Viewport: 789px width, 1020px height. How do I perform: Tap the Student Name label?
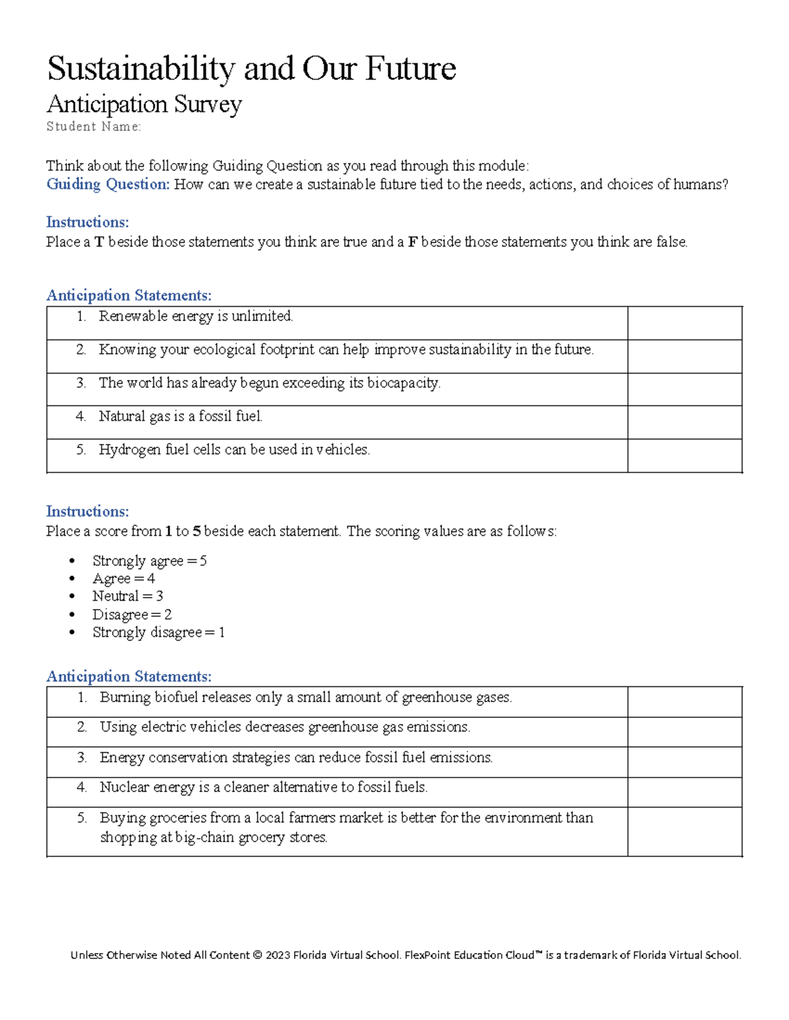click(93, 127)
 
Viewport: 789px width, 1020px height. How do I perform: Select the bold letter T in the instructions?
click(99, 242)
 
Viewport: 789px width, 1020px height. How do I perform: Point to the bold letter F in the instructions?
click(412, 242)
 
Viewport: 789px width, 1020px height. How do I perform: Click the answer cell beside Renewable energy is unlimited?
click(684, 323)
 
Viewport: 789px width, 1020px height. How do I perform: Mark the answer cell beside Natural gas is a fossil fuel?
click(684, 422)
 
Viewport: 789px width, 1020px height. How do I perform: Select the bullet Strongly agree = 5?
click(149, 561)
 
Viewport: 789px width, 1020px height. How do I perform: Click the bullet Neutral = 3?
click(128, 596)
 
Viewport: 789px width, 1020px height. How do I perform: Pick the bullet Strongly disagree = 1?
click(158, 632)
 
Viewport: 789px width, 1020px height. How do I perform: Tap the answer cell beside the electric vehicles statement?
click(684, 732)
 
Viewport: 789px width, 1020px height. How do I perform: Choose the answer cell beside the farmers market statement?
click(684, 832)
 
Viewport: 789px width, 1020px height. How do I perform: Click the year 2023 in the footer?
click(277, 956)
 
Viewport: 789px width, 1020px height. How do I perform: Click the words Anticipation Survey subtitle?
click(144, 104)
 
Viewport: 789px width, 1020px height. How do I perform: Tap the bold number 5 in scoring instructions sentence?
click(197, 531)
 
